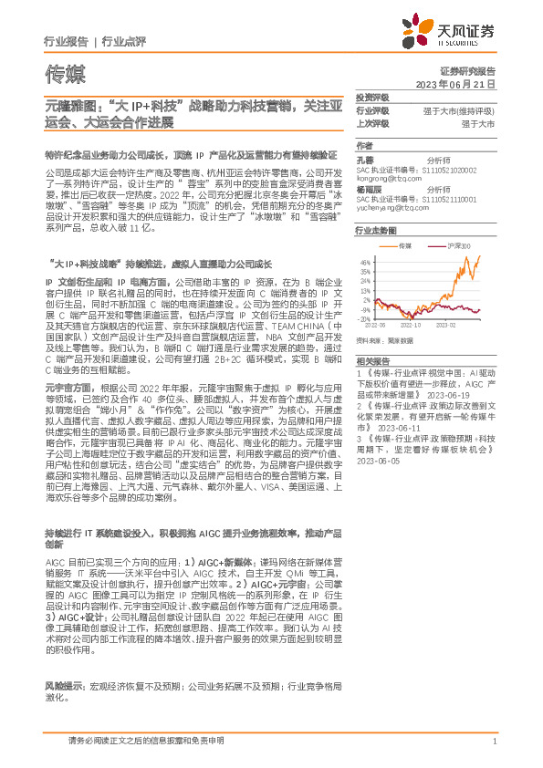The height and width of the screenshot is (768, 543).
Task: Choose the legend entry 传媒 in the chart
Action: [x=407, y=246]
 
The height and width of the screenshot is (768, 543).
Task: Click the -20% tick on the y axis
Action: [x=365, y=317]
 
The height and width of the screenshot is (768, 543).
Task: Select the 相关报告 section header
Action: [x=371, y=361]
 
